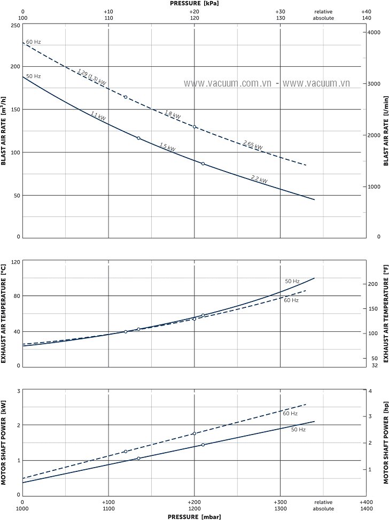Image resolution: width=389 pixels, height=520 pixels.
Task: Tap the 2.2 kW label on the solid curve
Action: click(x=259, y=180)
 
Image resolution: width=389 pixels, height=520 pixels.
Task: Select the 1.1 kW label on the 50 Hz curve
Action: click(x=98, y=115)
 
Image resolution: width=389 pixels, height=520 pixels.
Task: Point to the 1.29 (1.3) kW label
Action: click(x=91, y=77)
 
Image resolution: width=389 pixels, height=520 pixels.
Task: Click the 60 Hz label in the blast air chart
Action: click(x=33, y=42)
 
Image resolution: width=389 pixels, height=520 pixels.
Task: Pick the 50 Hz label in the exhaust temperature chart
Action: click(x=292, y=281)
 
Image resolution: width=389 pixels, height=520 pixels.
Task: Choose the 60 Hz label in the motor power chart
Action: click(x=290, y=414)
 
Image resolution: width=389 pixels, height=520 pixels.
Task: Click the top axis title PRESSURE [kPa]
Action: click(x=194, y=3)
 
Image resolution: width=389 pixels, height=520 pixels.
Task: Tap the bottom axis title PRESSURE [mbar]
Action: click(x=194, y=516)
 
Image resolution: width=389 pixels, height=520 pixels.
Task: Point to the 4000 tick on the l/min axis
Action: click(x=374, y=33)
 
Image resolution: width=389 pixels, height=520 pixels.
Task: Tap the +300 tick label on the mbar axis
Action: click(x=280, y=502)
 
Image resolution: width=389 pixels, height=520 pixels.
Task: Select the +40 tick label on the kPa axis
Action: click(x=366, y=11)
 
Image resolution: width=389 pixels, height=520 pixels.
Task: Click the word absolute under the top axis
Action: click(x=323, y=18)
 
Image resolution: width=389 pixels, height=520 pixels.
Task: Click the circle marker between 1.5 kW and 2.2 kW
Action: click(x=203, y=164)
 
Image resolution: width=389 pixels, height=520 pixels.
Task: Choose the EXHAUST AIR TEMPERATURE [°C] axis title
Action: click(x=4, y=313)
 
